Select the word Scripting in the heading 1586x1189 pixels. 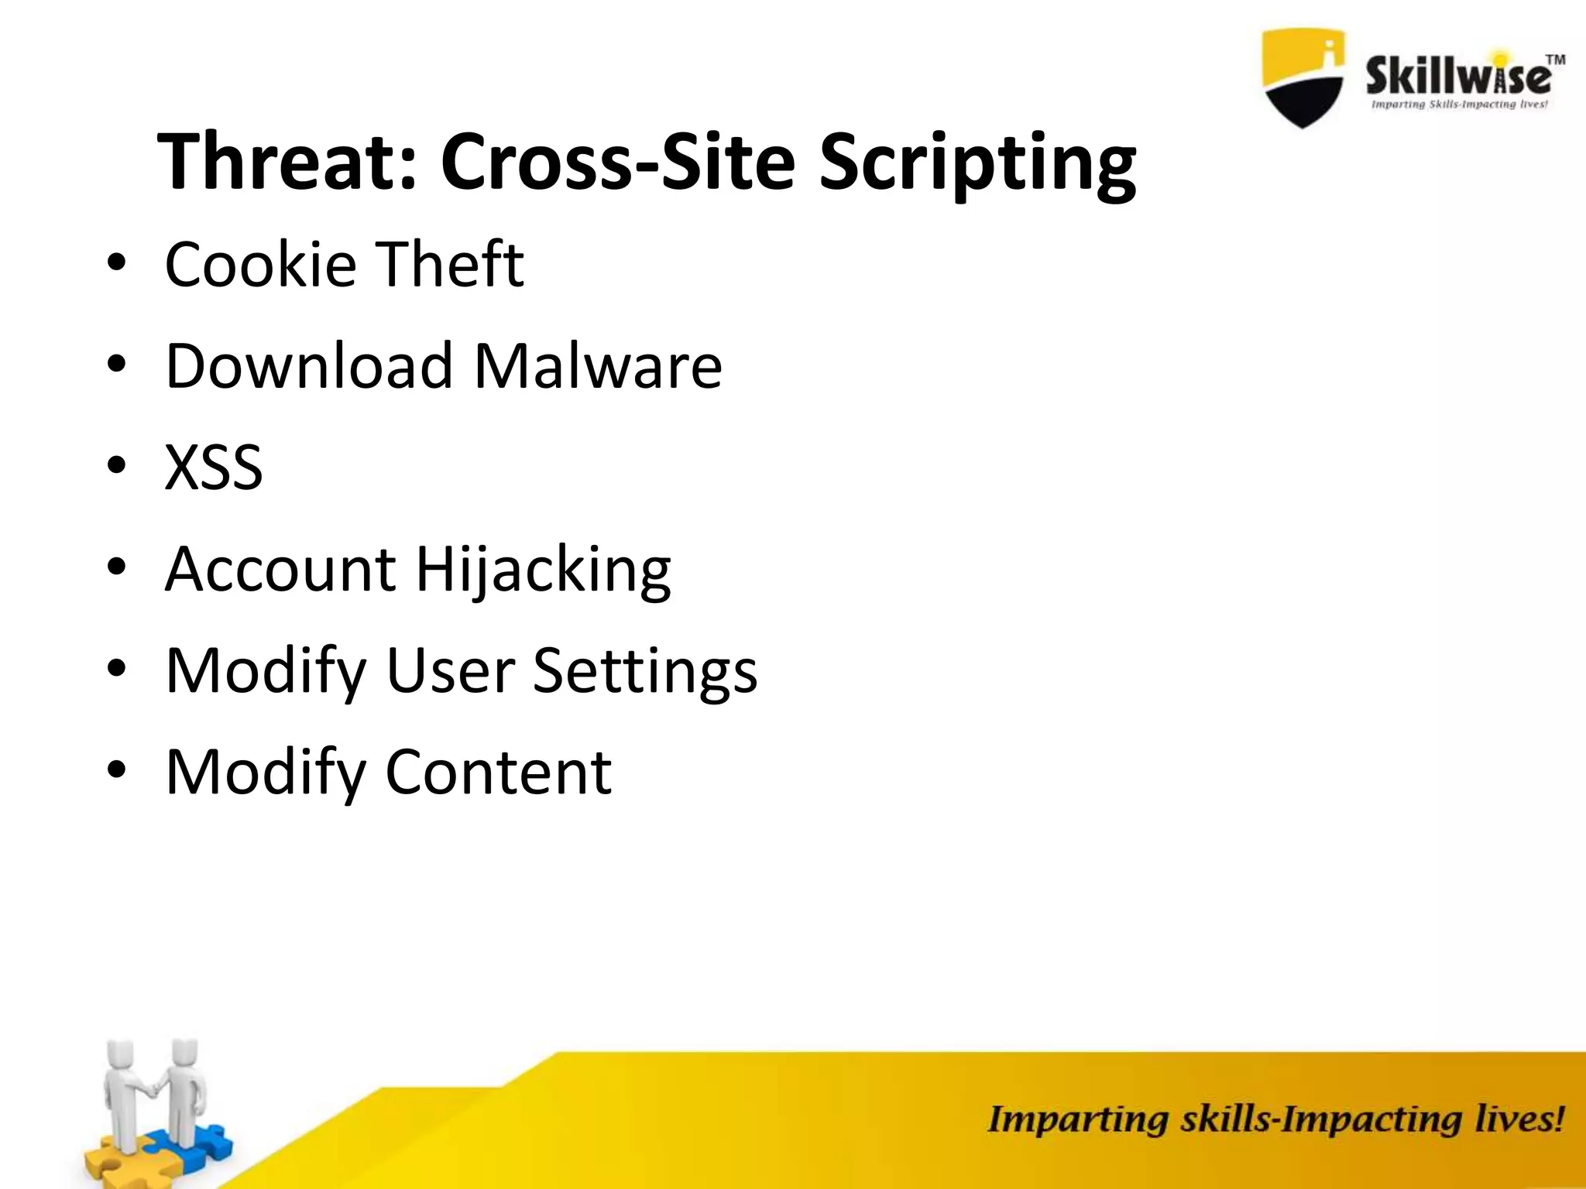click(977, 164)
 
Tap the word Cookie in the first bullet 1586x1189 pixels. click(260, 265)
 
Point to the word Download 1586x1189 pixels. click(309, 365)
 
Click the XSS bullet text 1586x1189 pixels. click(214, 468)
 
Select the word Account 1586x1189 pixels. click(280, 569)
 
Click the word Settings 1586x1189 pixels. click(645, 672)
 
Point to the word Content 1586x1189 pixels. click(498, 772)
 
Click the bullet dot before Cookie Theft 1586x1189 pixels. click(117, 266)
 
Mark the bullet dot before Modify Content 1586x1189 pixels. click(117, 773)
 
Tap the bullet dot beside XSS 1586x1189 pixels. click(117, 468)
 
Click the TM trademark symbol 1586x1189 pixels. click(1555, 60)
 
